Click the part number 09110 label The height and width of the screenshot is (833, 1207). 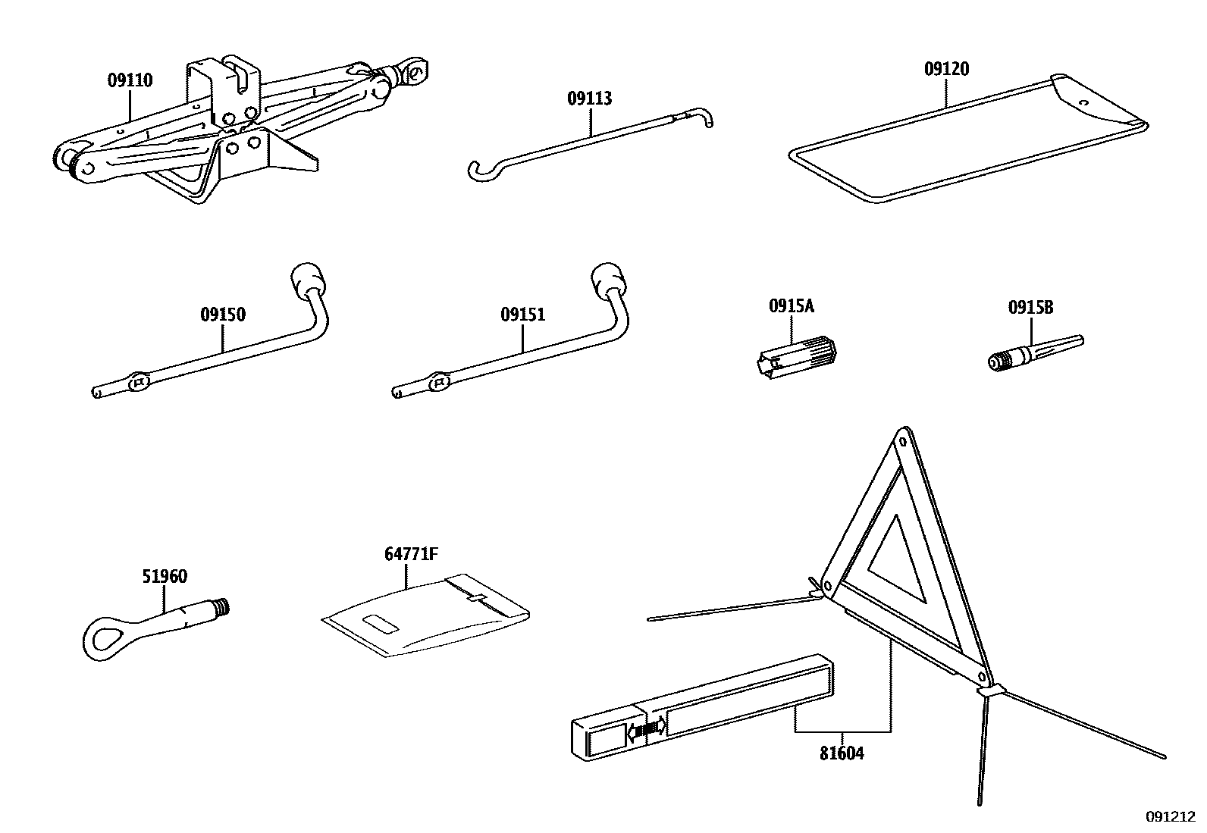pyautogui.click(x=130, y=80)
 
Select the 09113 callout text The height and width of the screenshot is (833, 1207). pyautogui.click(x=589, y=99)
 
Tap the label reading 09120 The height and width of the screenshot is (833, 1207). pyautogui.click(x=946, y=69)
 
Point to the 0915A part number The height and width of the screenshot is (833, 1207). pyautogui.click(x=791, y=306)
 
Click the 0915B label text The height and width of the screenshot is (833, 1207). pyautogui.click(x=1030, y=307)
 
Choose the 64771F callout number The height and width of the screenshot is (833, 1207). pyautogui.click(x=410, y=554)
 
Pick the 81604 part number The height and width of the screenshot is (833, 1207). pyautogui.click(x=842, y=753)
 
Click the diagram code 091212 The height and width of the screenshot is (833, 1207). pyautogui.click(x=1170, y=817)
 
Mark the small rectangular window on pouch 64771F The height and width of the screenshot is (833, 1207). pyautogui.click(x=381, y=623)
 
